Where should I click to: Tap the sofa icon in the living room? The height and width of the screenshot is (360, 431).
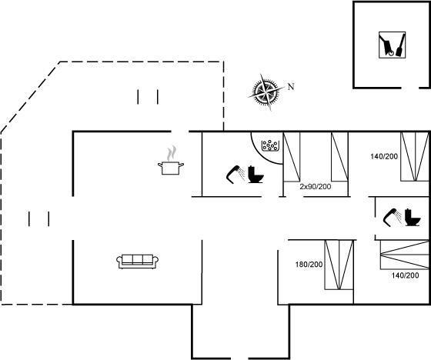[138, 262]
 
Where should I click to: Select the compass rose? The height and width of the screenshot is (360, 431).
[266, 92]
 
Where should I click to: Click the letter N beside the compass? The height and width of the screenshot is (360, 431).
[291, 87]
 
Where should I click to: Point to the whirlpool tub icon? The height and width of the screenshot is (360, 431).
[270, 145]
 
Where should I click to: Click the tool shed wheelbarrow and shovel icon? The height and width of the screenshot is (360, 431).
[392, 45]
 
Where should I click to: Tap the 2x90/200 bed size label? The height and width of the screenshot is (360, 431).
[316, 187]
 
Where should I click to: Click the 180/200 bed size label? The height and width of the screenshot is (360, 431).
[309, 265]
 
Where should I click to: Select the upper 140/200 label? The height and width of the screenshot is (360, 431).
[384, 157]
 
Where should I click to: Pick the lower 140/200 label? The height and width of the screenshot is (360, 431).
[405, 275]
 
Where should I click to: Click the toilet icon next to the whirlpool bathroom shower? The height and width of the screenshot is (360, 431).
[256, 175]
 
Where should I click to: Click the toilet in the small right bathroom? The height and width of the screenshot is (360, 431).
[413, 218]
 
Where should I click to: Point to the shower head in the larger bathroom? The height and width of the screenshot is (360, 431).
[236, 174]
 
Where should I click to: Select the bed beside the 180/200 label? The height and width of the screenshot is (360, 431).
[339, 265]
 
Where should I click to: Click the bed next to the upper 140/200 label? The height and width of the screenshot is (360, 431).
[415, 157]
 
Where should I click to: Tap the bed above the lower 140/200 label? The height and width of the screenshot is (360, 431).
[404, 255]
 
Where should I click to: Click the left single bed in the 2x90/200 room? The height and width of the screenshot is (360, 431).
[292, 157]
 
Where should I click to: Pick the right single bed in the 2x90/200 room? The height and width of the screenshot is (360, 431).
[339, 157]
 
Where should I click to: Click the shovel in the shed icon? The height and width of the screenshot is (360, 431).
[400, 45]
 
